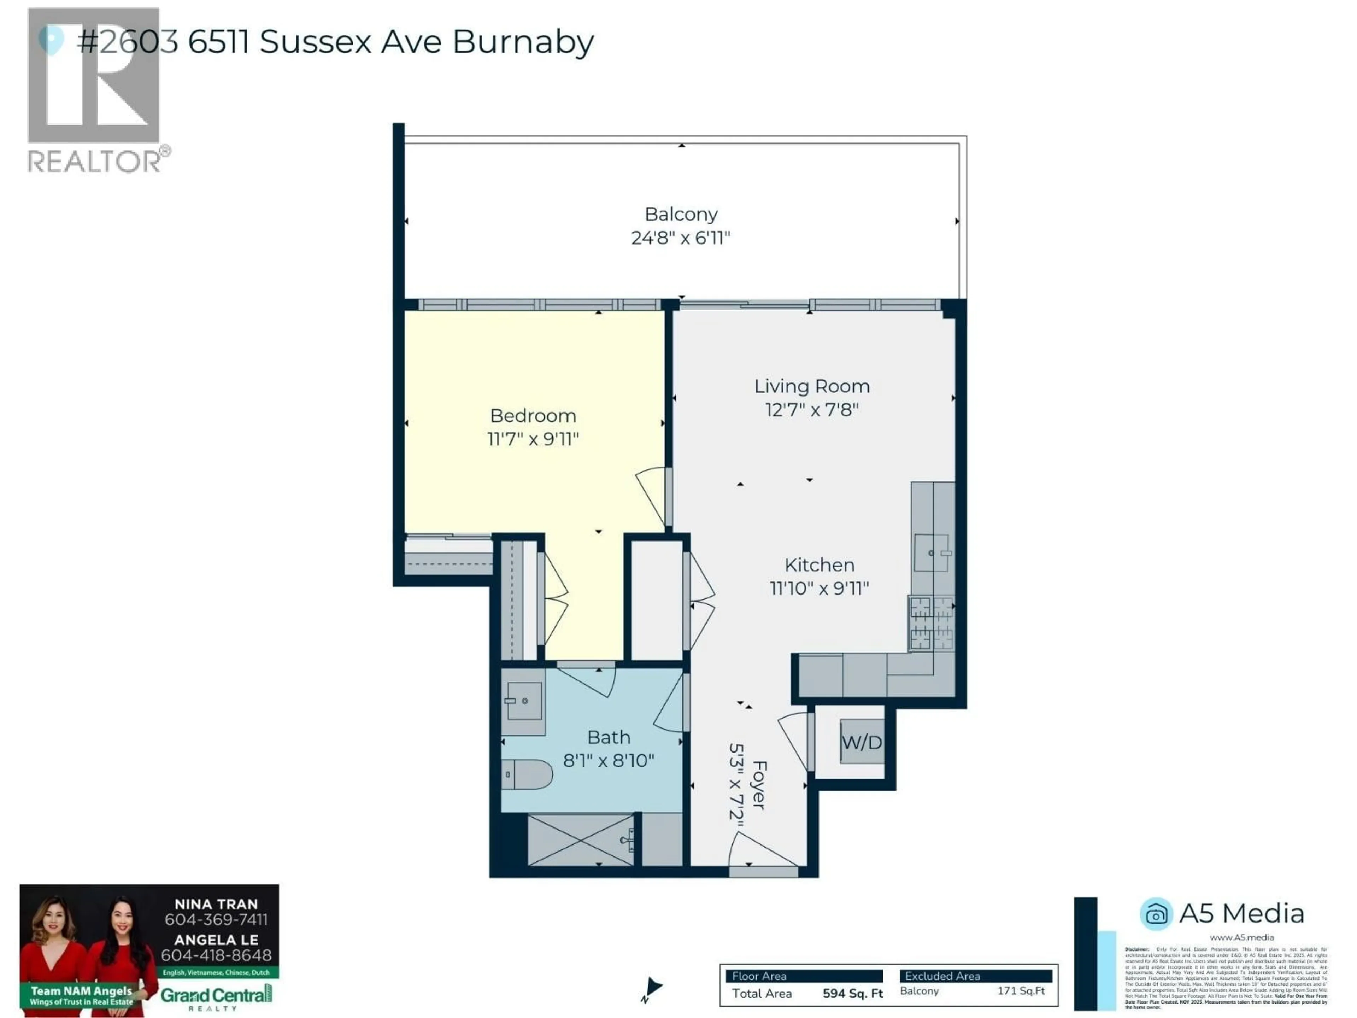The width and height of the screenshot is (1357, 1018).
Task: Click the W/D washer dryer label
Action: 861,743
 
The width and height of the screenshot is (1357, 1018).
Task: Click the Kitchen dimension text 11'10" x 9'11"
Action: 819,589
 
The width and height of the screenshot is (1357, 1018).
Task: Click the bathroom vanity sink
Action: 523,700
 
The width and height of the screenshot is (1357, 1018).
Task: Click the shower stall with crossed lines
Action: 580,840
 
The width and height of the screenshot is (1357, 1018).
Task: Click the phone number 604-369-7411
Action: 216,920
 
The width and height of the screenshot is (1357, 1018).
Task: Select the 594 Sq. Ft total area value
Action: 852,994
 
